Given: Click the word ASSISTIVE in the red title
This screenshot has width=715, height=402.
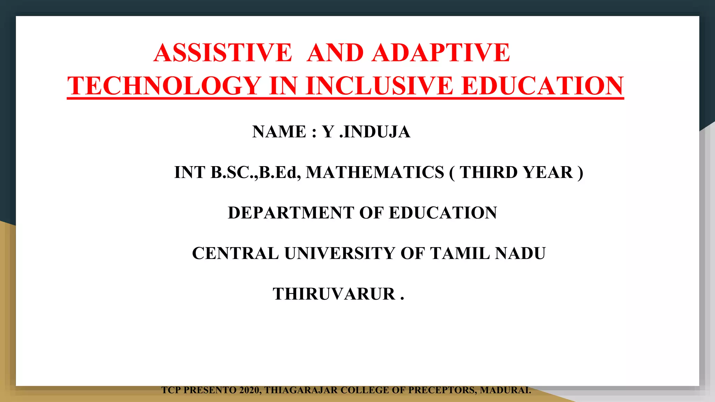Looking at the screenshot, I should (223, 53).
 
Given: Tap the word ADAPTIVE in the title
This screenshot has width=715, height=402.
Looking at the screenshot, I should (441, 53).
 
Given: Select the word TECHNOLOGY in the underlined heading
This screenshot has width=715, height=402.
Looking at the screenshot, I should (164, 86).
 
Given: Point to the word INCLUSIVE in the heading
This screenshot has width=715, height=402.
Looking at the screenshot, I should (379, 86).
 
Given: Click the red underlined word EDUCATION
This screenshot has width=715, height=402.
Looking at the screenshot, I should (543, 86).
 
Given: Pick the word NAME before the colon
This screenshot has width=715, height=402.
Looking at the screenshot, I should (279, 132).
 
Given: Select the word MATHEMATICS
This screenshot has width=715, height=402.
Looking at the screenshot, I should (375, 172).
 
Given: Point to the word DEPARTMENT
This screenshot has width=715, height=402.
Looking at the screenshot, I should (291, 213).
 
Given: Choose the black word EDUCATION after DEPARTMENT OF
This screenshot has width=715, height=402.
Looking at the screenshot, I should (443, 213).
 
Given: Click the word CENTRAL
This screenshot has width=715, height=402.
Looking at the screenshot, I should (235, 253).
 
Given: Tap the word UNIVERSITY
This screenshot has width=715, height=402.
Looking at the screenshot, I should (340, 253).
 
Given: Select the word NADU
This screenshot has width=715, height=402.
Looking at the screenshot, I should (520, 253).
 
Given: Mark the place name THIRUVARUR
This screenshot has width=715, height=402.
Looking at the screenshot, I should (334, 294).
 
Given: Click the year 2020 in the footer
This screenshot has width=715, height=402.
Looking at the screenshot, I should (250, 390).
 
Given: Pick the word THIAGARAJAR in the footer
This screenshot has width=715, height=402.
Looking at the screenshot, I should (301, 390).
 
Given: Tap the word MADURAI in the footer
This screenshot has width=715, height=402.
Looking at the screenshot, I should (505, 390).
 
